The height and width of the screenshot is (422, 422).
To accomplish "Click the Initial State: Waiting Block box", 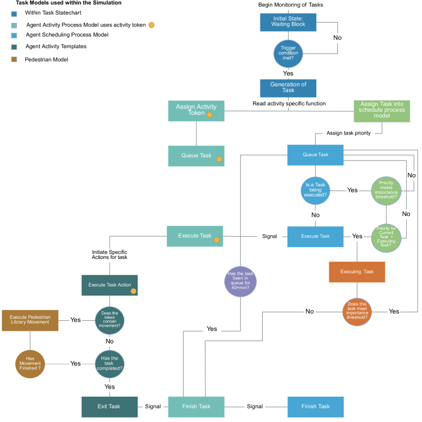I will [288, 22].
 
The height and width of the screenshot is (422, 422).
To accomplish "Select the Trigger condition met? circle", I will [288, 53].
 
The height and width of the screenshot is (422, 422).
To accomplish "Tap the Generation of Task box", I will [288, 88].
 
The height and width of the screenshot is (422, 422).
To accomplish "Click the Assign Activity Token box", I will [196, 111].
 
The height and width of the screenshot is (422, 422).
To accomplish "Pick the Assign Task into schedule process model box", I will [382, 111].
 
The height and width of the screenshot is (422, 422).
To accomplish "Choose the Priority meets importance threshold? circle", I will [386, 190].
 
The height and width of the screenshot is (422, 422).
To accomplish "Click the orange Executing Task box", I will [357, 272].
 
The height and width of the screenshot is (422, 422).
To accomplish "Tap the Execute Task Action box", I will [110, 285].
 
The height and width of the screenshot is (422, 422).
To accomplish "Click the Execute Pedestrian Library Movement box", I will [30, 320].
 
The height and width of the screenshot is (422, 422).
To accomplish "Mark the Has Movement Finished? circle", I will [30, 364].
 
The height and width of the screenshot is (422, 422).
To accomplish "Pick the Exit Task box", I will [110, 407].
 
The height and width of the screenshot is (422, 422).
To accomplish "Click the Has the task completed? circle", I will [110, 364].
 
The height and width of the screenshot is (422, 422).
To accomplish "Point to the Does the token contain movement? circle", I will [110, 319].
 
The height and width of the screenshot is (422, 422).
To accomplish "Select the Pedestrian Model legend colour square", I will [14, 60].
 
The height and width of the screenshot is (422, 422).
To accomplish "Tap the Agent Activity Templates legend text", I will [56, 47].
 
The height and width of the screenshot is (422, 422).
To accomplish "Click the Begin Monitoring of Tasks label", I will [291, 5].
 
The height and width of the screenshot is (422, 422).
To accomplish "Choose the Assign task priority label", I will [348, 133].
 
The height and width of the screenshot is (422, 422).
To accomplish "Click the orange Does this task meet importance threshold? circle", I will [357, 311].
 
